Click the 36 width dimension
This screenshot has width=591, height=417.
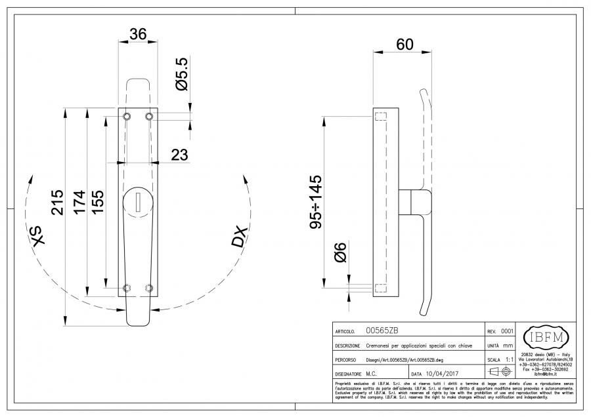(138, 35)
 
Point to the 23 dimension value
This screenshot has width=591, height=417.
(179, 155)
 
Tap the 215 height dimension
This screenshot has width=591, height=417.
(58, 203)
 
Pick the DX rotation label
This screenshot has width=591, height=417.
(239, 237)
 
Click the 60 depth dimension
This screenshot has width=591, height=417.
(405, 45)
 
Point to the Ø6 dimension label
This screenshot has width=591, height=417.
(339, 252)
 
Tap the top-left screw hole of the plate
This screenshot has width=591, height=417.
(127, 116)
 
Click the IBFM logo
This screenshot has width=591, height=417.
(545, 338)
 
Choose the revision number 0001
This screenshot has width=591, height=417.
(507, 331)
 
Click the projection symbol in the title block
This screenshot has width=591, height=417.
(500, 374)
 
